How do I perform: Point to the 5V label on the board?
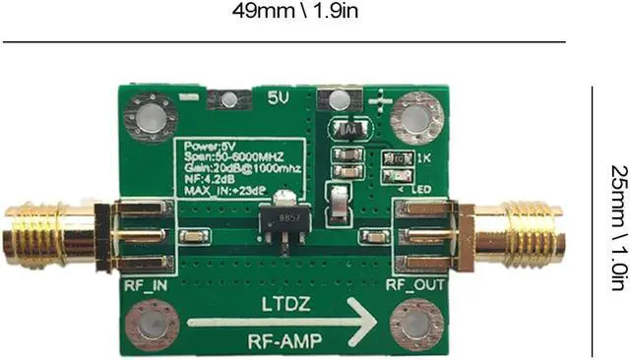pos(280,98)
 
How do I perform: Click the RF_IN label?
pos(144,286)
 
